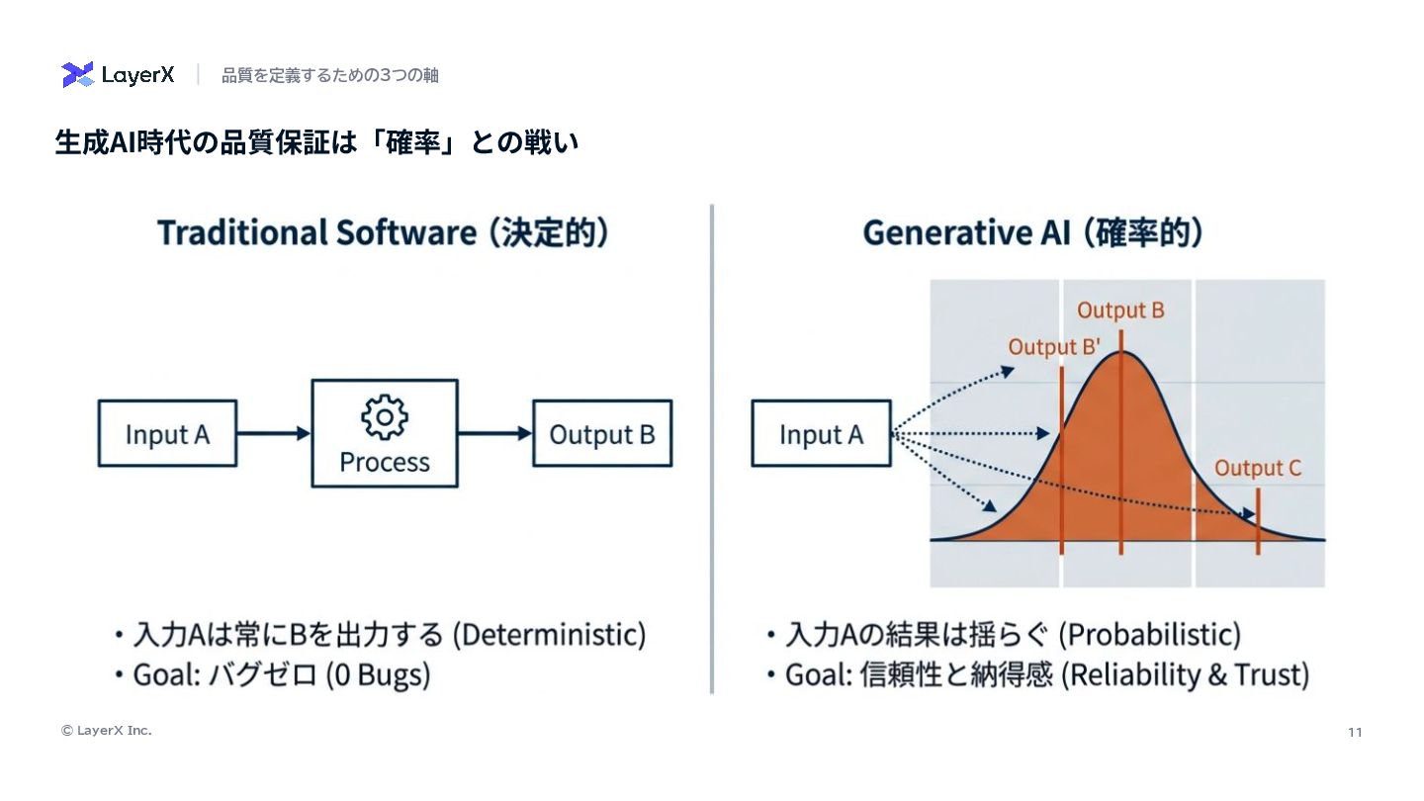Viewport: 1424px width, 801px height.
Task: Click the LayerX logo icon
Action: (x=77, y=74)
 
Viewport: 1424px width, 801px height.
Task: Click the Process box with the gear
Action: (x=385, y=433)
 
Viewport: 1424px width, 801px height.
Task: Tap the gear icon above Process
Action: (x=385, y=417)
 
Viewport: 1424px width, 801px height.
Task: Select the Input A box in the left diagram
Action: (x=167, y=433)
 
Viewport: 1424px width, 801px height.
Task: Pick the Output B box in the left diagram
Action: (x=602, y=433)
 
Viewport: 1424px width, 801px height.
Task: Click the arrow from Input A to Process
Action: (x=274, y=433)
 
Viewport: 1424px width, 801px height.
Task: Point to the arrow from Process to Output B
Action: (x=495, y=433)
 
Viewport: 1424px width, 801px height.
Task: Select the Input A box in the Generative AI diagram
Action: (x=821, y=433)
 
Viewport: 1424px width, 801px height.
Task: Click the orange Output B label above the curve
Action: (x=1120, y=311)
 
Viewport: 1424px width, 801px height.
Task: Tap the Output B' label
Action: (x=1055, y=348)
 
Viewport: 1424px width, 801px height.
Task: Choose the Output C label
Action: (x=1258, y=469)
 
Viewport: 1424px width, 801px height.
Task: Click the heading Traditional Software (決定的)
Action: (x=383, y=233)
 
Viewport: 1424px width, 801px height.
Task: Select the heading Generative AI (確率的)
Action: (x=1032, y=233)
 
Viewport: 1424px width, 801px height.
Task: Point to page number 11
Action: (x=1355, y=732)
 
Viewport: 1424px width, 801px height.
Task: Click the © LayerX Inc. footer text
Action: (x=107, y=731)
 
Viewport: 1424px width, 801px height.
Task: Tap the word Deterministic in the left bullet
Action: (x=549, y=634)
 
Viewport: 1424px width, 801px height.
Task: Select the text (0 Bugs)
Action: (x=379, y=675)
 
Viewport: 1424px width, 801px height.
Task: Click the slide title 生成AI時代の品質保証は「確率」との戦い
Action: (x=316, y=142)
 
